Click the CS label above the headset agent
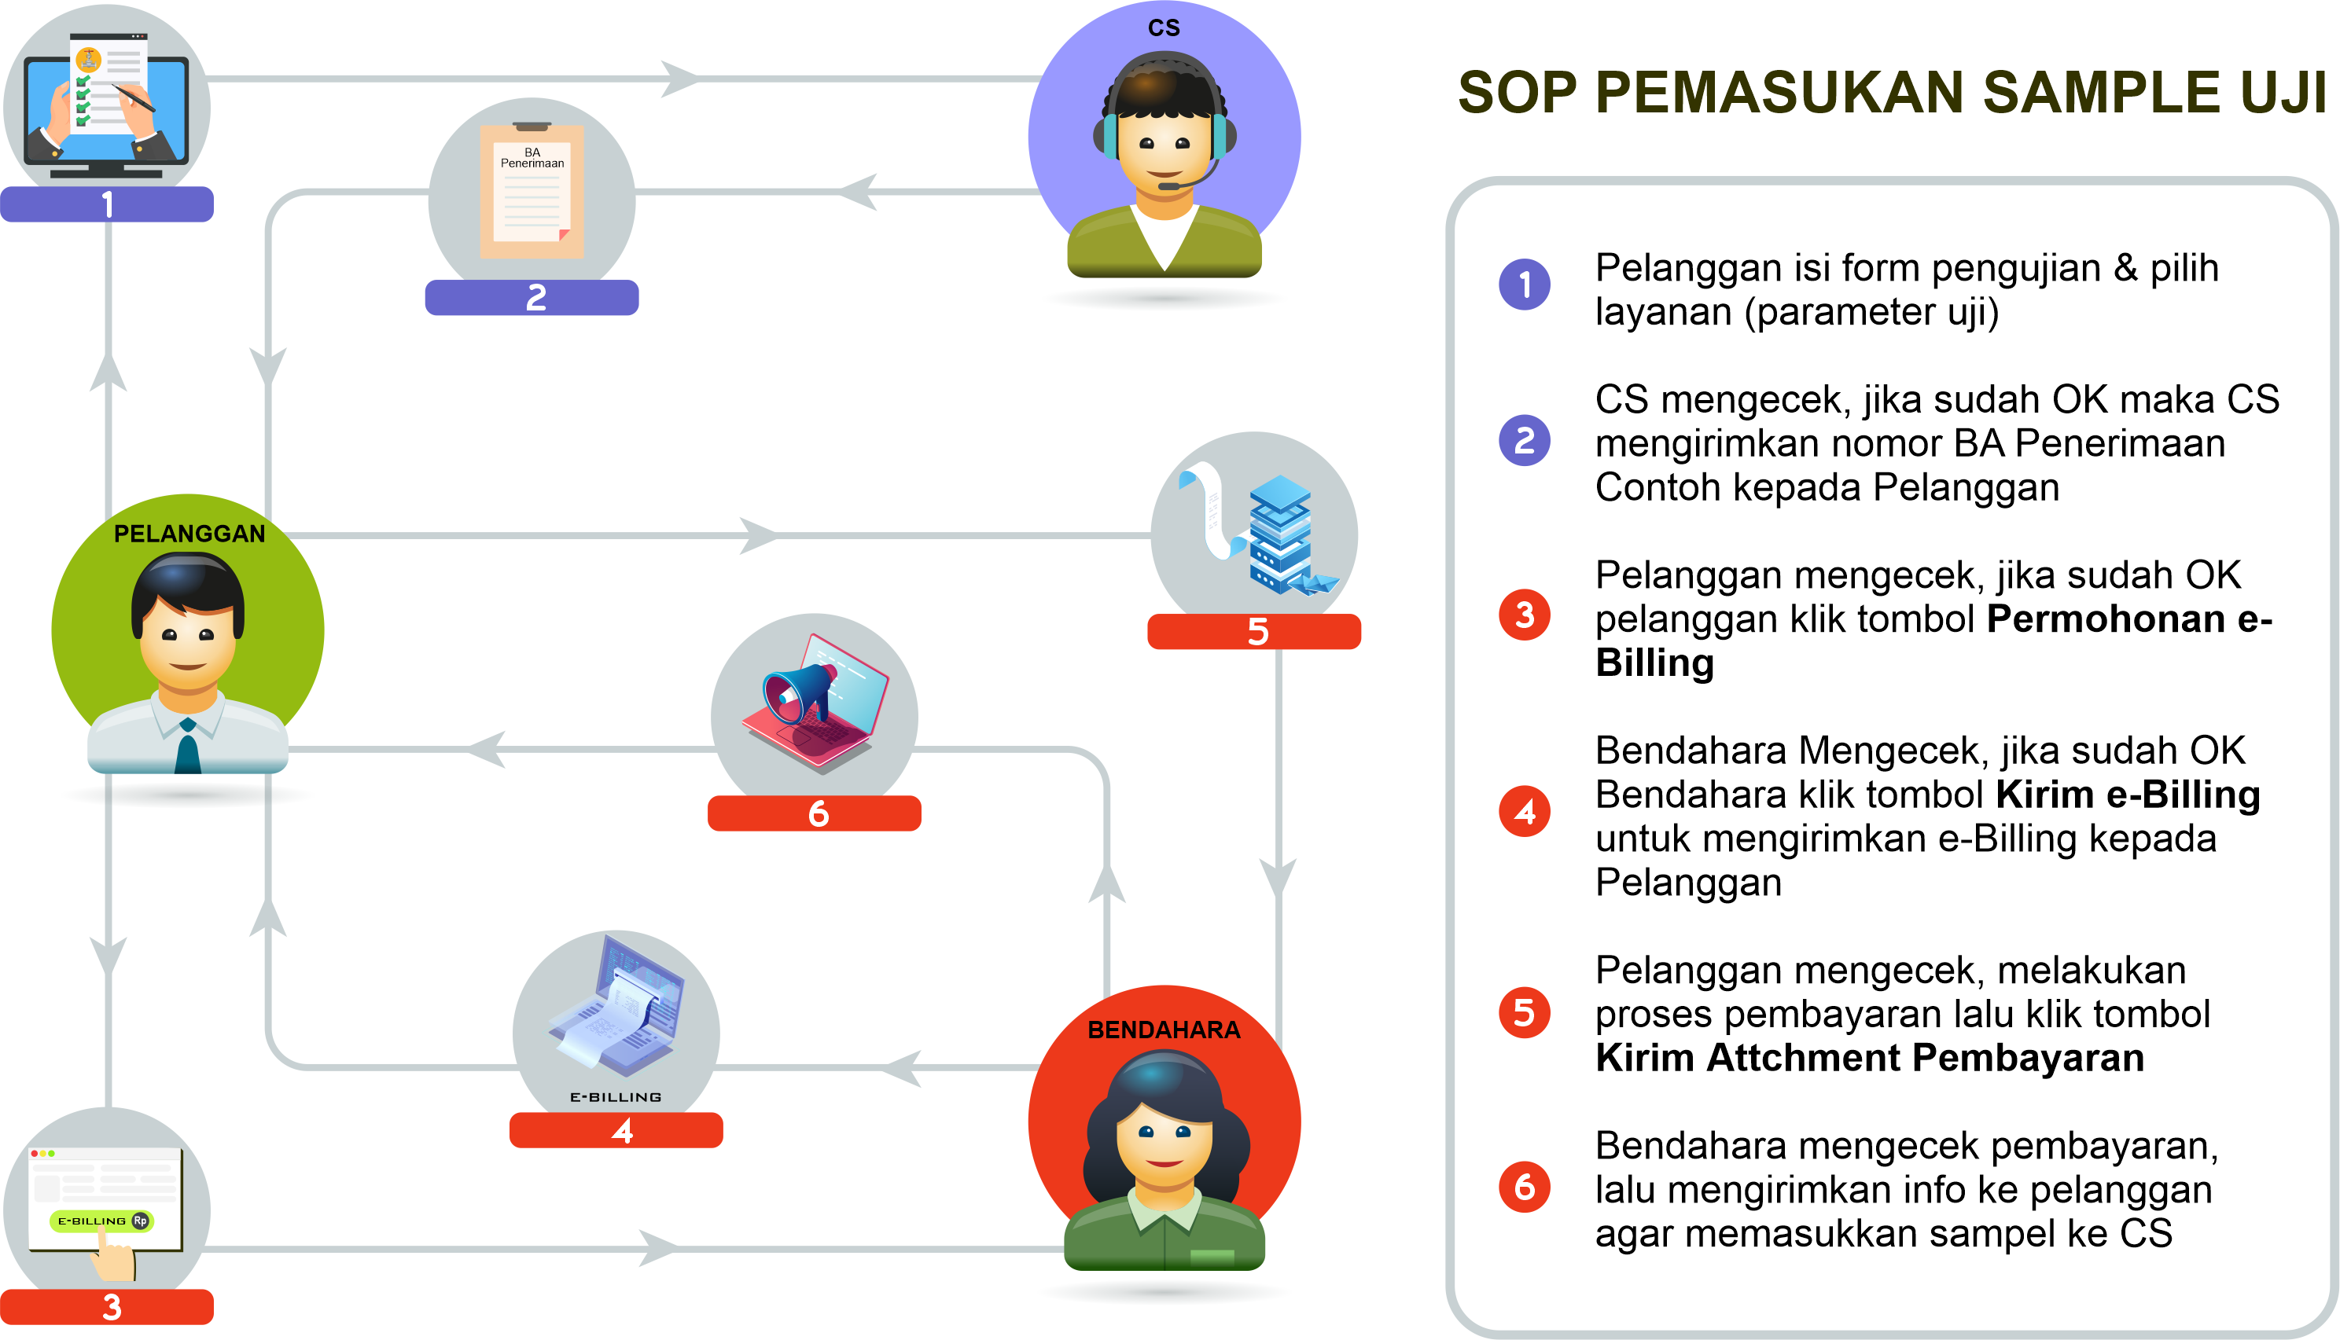point(1164,28)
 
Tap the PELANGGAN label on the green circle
point(189,534)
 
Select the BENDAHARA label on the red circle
point(1164,1030)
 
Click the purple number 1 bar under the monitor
point(107,204)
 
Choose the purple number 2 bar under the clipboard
point(532,297)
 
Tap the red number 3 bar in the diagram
point(107,1307)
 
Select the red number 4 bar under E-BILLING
point(616,1130)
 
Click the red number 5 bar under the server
point(1254,631)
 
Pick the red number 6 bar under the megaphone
point(814,813)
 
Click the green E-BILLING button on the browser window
point(102,1221)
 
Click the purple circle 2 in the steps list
point(1525,440)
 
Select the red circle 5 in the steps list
point(1525,1012)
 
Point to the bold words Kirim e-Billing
point(2128,795)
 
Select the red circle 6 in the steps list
point(1525,1188)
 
